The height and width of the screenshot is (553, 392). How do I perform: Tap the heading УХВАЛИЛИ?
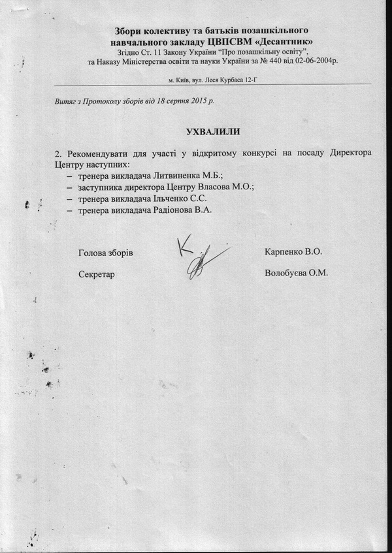click(212, 131)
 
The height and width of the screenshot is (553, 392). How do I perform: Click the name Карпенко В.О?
click(294, 251)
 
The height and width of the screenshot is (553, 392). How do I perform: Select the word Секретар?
click(96, 274)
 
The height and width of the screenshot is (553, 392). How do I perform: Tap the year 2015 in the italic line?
click(197, 101)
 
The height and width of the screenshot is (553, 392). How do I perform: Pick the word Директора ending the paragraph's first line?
click(348, 153)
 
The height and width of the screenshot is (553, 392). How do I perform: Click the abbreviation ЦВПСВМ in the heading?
click(227, 40)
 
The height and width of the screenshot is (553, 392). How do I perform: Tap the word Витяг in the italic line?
click(65, 101)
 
